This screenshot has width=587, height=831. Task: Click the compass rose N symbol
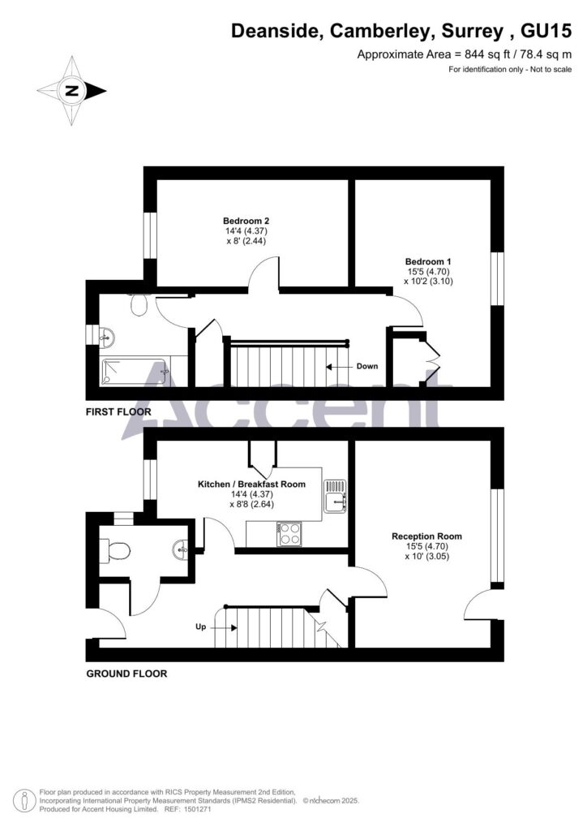coord(71,91)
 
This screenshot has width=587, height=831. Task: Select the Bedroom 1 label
coord(428,262)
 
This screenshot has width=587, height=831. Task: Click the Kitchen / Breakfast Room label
coord(251,484)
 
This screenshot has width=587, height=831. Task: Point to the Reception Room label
coord(426,536)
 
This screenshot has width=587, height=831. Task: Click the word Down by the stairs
coord(366,366)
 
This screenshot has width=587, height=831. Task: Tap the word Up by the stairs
coord(200,627)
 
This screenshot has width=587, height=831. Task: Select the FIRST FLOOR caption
coord(118,411)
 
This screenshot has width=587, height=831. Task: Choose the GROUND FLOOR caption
coord(126,674)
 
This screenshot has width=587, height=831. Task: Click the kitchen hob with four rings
coord(289,534)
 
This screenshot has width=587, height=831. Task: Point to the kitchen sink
coord(336,497)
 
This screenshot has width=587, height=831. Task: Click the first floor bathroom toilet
coord(139,305)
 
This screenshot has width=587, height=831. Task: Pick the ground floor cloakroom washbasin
coord(181,549)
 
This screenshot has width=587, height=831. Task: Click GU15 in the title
coord(546,32)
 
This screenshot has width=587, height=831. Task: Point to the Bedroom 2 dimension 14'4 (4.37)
coord(246,231)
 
